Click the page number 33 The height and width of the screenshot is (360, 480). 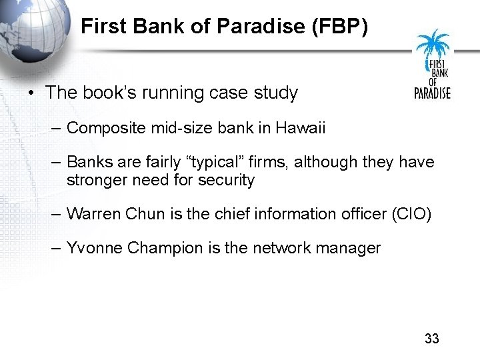[432, 339]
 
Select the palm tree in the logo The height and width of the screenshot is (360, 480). [432, 47]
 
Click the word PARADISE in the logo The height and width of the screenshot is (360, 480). [433, 93]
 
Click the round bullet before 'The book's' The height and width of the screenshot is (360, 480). [33, 93]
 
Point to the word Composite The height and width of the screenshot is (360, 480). [99, 128]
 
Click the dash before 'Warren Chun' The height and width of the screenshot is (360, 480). [56, 214]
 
